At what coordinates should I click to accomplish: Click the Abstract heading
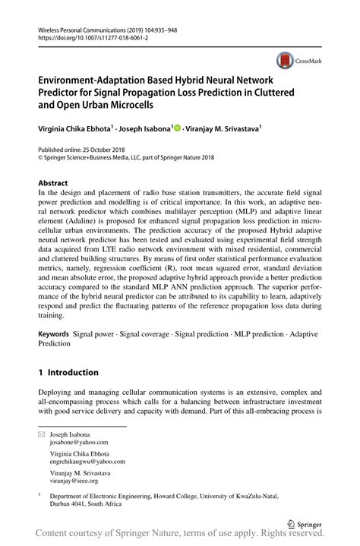[x=53, y=183]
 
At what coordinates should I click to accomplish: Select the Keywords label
[x=54, y=333]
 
